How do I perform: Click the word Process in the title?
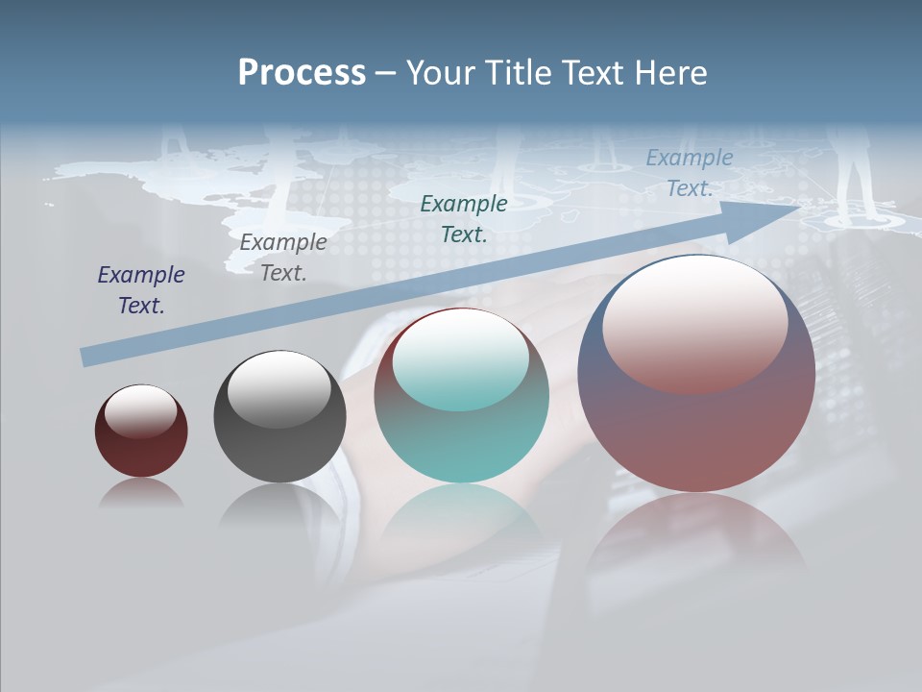[x=302, y=72]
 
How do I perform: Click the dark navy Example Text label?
[x=141, y=290]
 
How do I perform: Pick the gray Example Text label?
[x=283, y=258]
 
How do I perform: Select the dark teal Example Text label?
[x=464, y=218]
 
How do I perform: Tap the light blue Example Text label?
[x=689, y=173]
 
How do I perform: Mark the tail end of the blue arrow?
[x=85, y=358]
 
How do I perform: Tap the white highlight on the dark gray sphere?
[x=279, y=387]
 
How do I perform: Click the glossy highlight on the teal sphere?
[x=460, y=360]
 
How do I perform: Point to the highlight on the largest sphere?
[x=694, y=322]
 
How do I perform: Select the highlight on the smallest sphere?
[x=140, y=410]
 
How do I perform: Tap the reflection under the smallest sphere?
[x=141, y=493]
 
